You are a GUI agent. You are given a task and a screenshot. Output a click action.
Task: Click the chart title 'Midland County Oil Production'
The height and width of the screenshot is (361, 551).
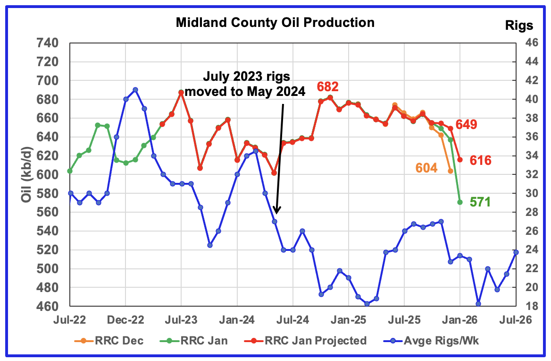pyautogui.click(x=275, y=23)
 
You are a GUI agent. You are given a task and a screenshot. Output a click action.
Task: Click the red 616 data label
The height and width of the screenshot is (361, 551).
pyautogui.click(x=480, y=161)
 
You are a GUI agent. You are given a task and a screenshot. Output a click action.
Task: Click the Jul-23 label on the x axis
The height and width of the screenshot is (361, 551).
pyautogui.click(x=181, y=320)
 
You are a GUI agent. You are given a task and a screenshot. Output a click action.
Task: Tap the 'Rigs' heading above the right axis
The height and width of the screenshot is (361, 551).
pyautogui.click(x=518, y=25)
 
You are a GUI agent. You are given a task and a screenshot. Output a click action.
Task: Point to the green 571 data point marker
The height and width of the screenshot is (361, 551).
pyautogui.click(x=459, y=202)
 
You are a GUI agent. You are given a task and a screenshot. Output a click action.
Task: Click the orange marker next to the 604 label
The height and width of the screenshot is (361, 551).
pyautogui.click(x=450, y=171)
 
